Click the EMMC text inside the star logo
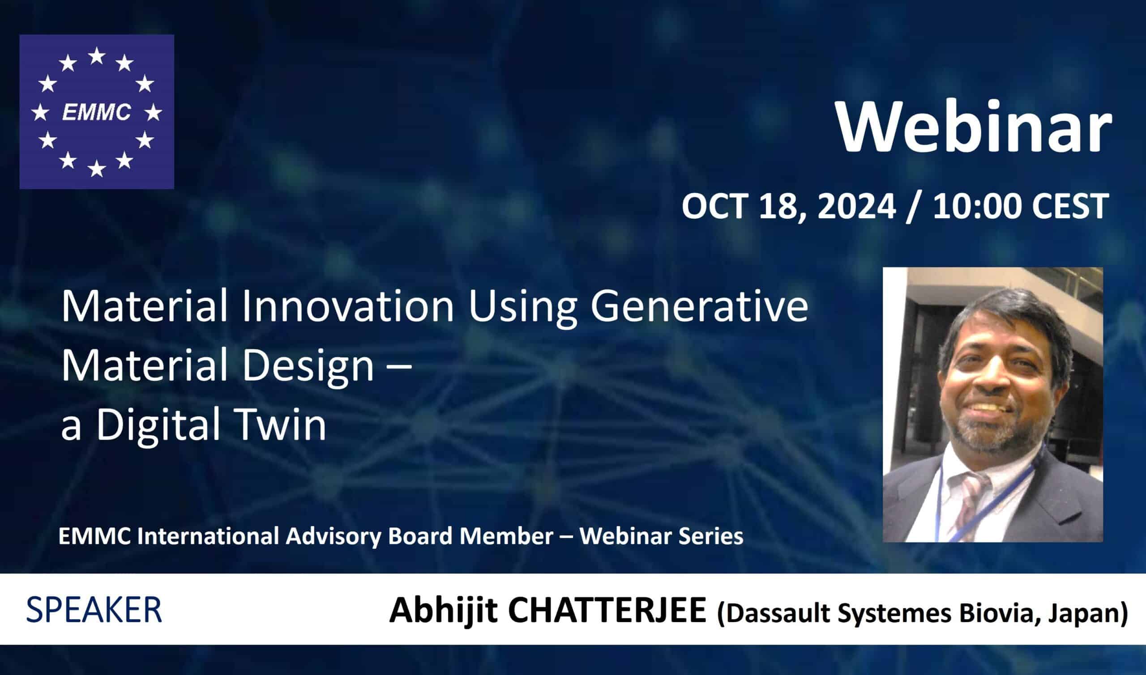pyautogui.click(x=97, y=112)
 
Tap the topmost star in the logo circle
pyautogui.click(x=97, y=56)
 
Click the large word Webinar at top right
pyautogui.click(x=975, y=127)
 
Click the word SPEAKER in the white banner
pyautogui.click(x=94, y=610)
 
